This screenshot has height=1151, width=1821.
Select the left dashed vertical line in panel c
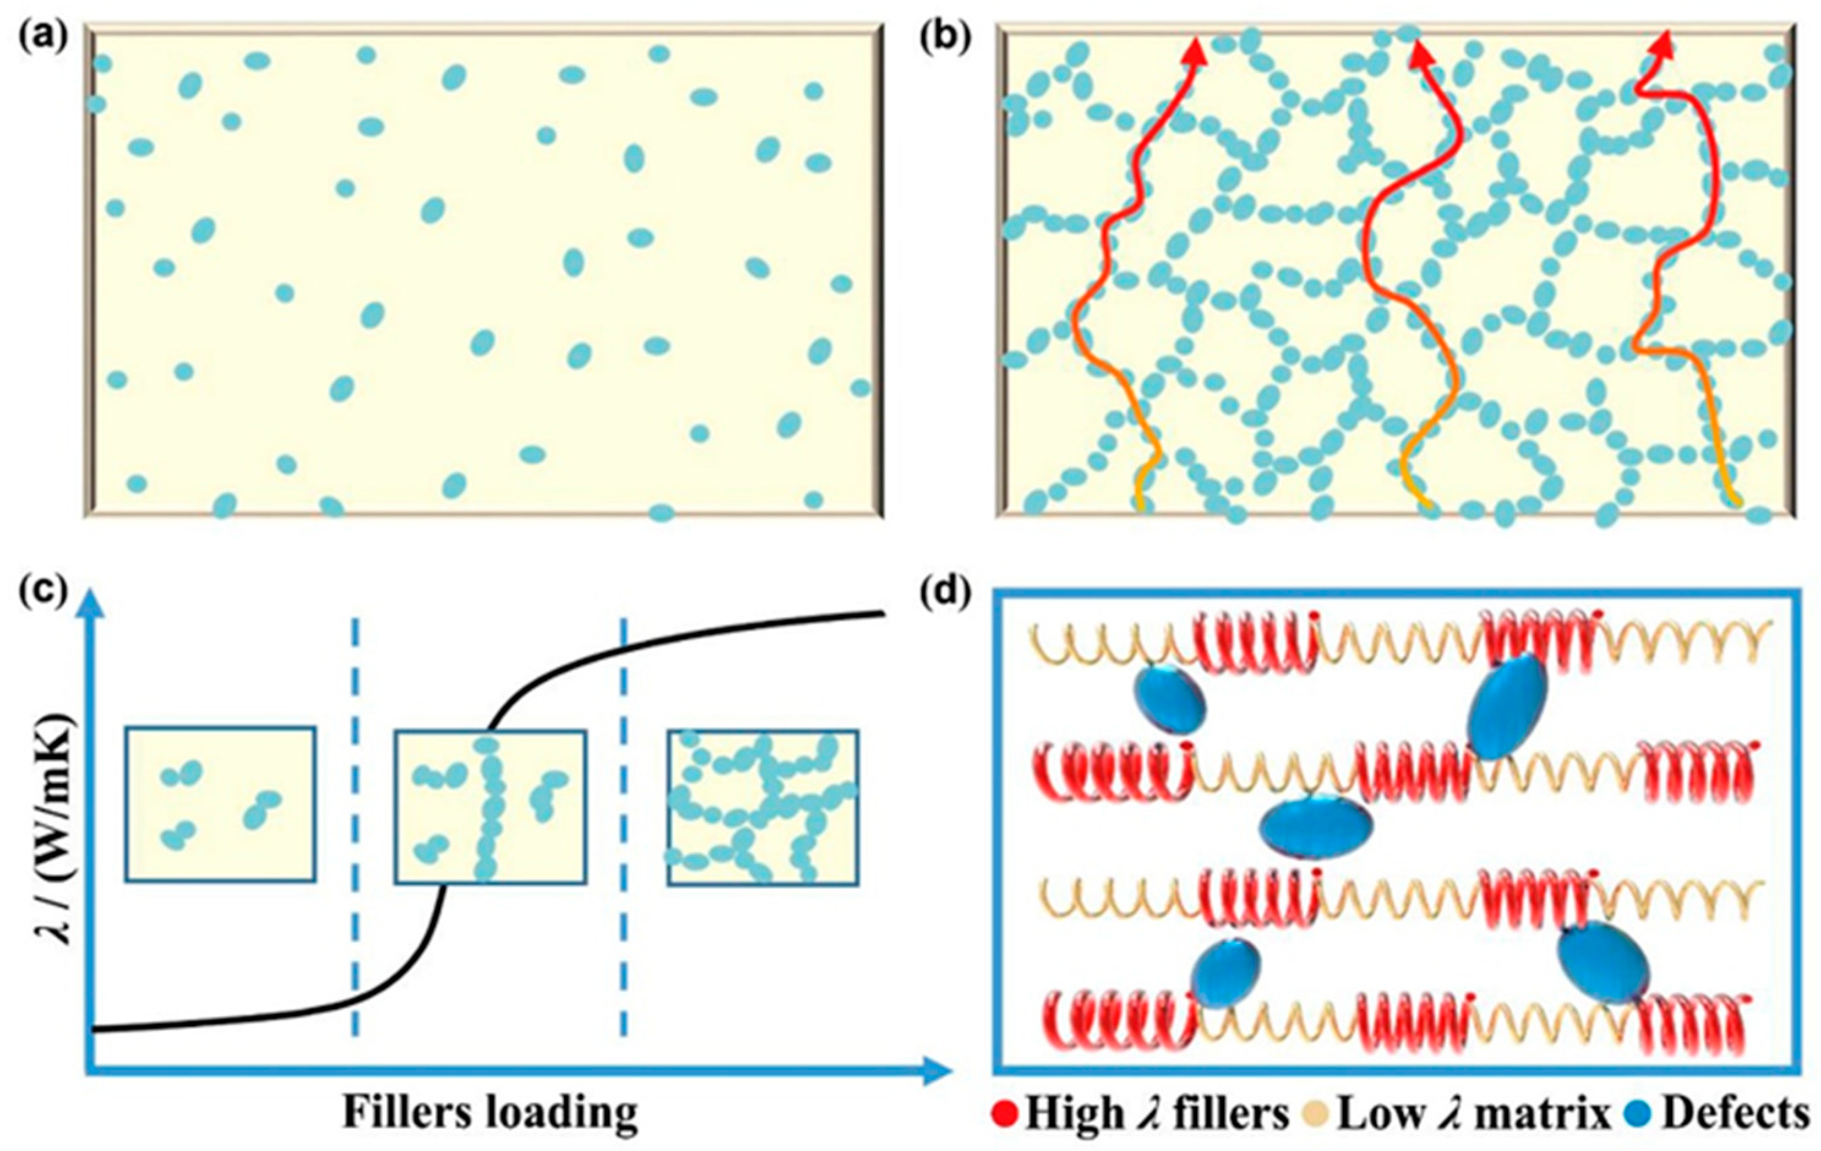(x=356, y=824)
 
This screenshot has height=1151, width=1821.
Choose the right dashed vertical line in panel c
(x=624, y=824)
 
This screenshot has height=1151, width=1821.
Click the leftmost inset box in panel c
(x=220, y=803)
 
